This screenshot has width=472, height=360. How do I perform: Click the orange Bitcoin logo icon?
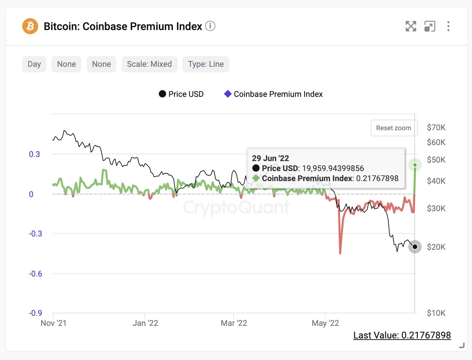(30, 26)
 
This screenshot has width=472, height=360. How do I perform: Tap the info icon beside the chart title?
(210, 26)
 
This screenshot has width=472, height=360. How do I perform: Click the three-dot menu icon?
(448, 26)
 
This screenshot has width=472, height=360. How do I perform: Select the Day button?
(34, 64)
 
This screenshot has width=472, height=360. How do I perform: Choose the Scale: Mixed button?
(149, 64)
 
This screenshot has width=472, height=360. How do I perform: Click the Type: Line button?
(206, 64)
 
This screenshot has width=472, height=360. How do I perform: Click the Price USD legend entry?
(181, 94)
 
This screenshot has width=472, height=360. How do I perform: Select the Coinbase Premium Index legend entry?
(273, 94)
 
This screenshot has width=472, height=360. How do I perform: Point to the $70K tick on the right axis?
(436, 128)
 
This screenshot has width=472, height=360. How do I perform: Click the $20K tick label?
(436, 247)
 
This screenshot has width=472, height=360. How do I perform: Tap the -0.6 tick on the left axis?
(36, 274)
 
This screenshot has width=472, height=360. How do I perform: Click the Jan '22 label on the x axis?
(145, 323)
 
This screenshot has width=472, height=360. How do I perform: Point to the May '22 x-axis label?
(325, 323)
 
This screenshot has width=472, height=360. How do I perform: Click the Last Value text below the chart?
(402, 336)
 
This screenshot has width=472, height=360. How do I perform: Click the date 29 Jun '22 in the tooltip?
(270, 158)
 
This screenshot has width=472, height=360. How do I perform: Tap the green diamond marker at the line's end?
(415, 165)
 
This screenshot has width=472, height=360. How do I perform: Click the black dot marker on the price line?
(415, 247)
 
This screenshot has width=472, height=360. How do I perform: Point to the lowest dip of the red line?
(340, 253)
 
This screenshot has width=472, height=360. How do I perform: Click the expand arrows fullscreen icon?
(411, 26)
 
